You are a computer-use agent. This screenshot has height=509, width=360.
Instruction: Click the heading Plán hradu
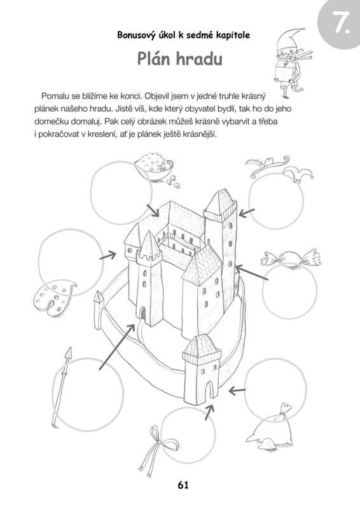180,59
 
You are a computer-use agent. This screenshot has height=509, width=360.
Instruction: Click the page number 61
183,485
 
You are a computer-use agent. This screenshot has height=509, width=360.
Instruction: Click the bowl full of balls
155,169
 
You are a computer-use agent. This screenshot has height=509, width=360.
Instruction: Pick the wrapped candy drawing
291,259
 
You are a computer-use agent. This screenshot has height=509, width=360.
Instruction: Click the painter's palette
53,296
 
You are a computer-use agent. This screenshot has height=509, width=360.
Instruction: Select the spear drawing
61,386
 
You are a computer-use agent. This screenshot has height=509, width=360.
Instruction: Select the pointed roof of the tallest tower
221,204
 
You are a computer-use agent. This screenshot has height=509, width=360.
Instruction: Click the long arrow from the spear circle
117,347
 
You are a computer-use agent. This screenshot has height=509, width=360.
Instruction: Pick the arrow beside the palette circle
107,256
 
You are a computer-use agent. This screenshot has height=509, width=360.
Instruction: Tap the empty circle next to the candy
289,291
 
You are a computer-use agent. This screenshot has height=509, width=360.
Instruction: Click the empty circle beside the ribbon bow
188,436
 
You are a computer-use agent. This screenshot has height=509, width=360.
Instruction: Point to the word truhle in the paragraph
212,96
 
